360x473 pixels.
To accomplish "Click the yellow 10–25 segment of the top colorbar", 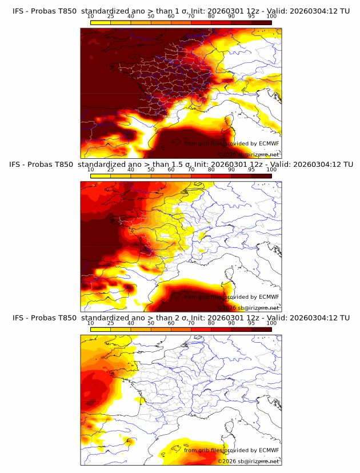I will pyautogui.click(x=101, y=22).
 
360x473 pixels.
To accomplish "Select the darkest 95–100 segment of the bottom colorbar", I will pyautogui.click(x=262, y=329).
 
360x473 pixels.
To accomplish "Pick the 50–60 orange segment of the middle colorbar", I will pyautogui.click(x=161, y=175).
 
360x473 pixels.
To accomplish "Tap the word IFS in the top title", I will pyautogui.click(x=19, y=11).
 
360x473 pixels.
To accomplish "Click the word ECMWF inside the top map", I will pyautogui.click(x=269, y=144).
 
